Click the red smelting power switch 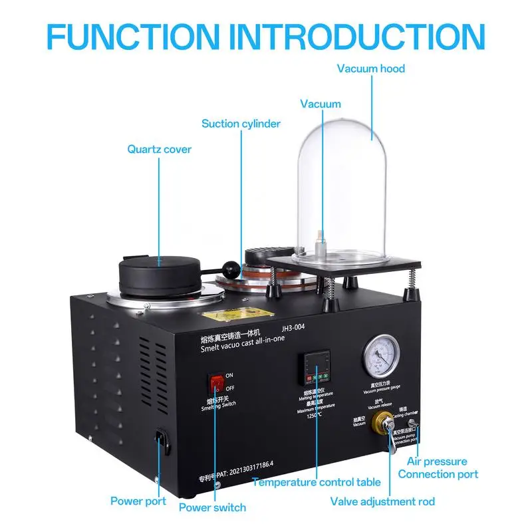tap(216, 383)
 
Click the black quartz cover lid tap(160, 269)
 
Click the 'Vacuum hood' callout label tap(370, 68)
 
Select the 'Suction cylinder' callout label tap(241, 124)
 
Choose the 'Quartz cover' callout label tap(160, 149)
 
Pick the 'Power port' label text tap(138, 501)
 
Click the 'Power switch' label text tap(212, 507)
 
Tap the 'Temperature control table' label tap(316, 482)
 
